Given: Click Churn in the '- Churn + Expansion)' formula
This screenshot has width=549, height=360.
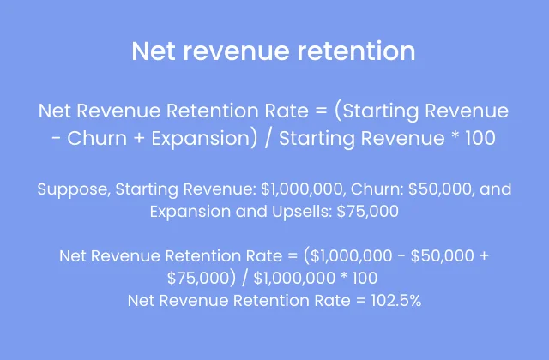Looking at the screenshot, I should [x=94, y=137].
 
